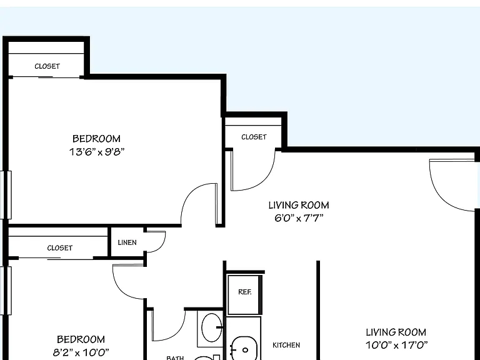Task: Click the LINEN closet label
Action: pos(127,242)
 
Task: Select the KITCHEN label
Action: pos(286,345)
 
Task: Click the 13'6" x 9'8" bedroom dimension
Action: pos(97,152)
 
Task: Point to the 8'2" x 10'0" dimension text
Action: pos(81,352)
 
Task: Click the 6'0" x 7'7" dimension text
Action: pos(299,218)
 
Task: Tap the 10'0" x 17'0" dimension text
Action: pos(396,345)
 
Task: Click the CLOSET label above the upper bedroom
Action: pos(47,66)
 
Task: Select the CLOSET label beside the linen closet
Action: pos(60,247)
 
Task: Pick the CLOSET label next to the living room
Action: pos(254,137)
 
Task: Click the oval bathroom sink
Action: pos(211,327)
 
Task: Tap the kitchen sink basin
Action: pos(244,349)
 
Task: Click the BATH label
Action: pos(175,357)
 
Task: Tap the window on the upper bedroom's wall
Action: pos(6,195)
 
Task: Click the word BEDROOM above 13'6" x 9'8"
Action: pos(96,139)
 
